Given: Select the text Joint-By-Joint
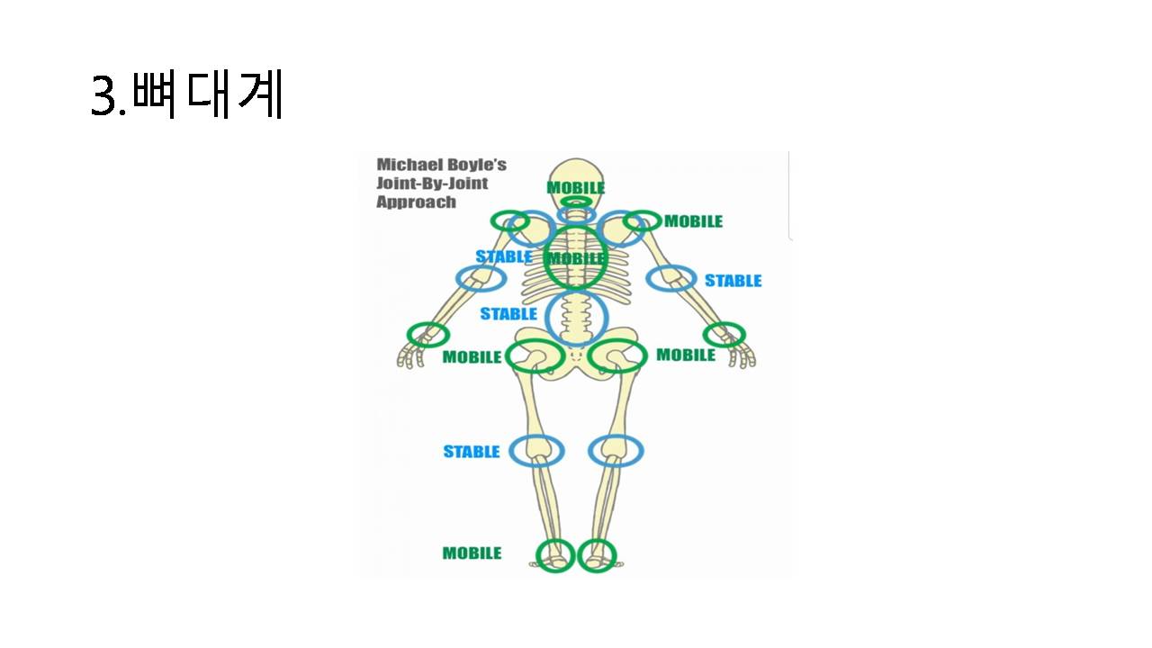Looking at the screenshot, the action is point(432,184).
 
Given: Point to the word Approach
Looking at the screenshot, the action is point(416,202).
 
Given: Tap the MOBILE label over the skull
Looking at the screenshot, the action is point(576,188).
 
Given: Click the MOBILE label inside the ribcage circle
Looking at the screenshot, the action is point(577,259).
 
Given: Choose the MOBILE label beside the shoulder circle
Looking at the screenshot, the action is point(693,221).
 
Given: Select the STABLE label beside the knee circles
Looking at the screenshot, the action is point(471,452).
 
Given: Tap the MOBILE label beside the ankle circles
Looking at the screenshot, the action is point(472,553).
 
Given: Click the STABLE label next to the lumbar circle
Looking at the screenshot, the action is point(508,314).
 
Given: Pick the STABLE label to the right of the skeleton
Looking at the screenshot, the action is point(733,281).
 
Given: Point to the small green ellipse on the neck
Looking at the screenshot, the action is point(576,202).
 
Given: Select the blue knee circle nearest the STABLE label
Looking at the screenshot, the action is point(536,450).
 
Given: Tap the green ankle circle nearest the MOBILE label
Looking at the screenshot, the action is point(555,554).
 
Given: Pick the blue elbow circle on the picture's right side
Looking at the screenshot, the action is point(671,279).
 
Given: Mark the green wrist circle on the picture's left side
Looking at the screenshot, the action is point(427,335).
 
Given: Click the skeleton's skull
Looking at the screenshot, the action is point(575,173).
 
